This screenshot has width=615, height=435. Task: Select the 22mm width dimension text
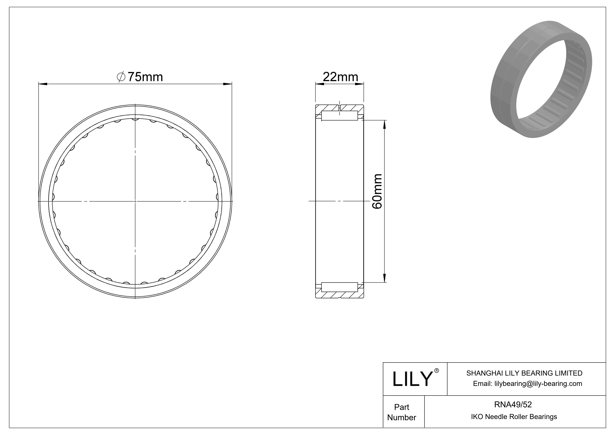340,77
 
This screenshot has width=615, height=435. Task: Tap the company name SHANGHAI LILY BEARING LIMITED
524,373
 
